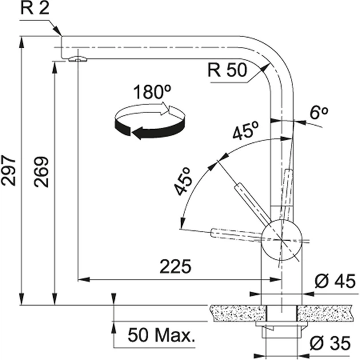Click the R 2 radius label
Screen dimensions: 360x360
[35, 8]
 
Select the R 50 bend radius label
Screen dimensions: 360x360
[227, 70]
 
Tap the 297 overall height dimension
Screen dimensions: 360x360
[8, 170]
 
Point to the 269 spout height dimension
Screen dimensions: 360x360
[41, 172]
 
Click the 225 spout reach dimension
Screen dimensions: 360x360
[175, 266]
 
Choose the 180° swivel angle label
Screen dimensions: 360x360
[152, 92]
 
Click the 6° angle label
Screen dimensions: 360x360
[319, 113]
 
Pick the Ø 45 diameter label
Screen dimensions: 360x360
[335, 281]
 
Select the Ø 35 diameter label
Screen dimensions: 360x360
[330, 343]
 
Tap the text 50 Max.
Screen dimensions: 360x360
[161, 335]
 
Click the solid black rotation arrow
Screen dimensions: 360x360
[150, 129]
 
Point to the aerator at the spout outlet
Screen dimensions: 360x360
[78, 59]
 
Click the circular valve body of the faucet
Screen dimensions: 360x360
[282, 240]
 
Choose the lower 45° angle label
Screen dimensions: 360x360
[183, 181]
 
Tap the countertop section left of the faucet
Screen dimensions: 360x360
[238, 313]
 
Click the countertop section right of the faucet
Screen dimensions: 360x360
[324, 313]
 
